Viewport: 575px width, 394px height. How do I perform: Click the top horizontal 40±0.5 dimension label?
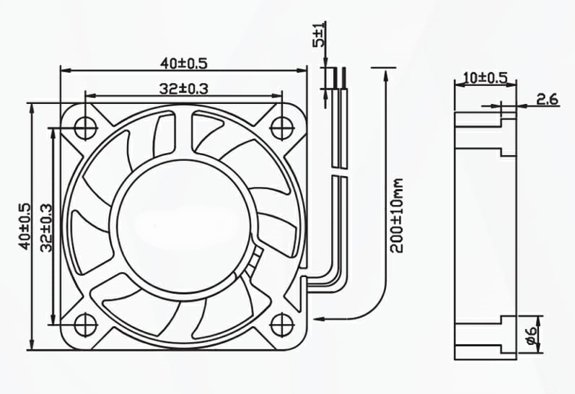[x=184, y=64]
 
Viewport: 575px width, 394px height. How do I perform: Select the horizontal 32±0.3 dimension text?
[x=184, y=89]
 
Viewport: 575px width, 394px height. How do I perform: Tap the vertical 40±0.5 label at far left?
[x=25, y=226]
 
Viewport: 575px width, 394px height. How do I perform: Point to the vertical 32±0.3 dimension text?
[x=47, y=227]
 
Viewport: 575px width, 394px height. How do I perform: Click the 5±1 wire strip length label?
[x=318, y=35]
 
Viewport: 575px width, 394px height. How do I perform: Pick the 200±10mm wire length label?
[x=396, y=216]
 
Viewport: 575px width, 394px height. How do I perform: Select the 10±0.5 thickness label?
[x=485, y=78]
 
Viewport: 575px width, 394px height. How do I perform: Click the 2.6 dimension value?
[x=547, y=99]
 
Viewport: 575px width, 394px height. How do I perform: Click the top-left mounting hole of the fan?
[x=85, y=128]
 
